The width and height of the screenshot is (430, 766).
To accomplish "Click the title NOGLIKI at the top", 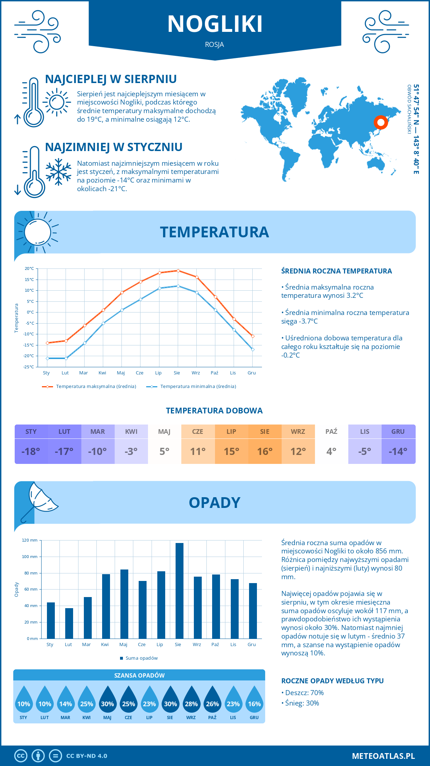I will [215, 24].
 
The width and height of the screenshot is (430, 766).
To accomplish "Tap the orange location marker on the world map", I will [381, 122].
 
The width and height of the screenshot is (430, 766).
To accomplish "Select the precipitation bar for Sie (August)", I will [180, 591].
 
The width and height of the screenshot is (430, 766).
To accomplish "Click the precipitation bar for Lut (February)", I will [69, 623].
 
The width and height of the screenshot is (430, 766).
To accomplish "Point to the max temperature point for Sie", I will [178, 271].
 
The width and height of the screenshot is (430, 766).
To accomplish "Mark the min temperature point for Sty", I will [47, 358].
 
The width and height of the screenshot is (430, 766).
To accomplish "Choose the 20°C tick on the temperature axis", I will [29, 268].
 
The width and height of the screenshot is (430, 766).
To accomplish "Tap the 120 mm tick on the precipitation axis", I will [30, 540].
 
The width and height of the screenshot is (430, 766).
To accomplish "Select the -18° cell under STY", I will [31, 451].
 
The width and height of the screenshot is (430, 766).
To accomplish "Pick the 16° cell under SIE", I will [265, 451].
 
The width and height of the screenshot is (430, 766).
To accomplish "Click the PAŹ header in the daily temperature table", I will [331, 431].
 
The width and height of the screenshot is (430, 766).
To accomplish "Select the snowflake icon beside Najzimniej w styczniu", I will [58, 172].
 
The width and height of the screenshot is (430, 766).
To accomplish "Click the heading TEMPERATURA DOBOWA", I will [214, 411].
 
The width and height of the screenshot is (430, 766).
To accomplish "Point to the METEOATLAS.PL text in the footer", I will [383, 756].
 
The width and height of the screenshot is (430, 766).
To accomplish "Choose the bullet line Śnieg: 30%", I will [302, 703].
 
